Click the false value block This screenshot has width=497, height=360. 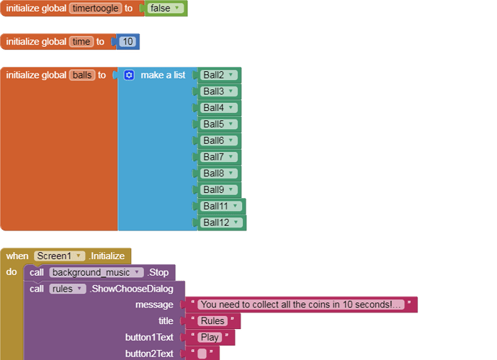coord(165,9)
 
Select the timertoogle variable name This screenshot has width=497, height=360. coord(95,9)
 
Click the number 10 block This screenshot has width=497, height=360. coord(127,42)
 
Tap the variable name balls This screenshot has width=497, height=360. coord(82,75)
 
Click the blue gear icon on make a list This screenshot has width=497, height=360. coord(129,75)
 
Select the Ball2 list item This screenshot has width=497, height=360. coord(219,75)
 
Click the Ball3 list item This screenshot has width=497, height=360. coord(219,91)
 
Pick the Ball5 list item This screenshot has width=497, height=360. coord(219,125)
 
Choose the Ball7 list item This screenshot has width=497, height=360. coord(219,157)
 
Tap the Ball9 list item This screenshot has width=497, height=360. coord(219,190)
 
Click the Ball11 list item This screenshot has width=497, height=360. coord(221,207)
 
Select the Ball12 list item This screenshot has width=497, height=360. coord(221,223)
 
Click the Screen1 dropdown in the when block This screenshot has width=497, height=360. coord(59,256)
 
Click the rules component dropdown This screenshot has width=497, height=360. coord(67,289)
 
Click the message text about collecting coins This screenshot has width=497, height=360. coord(301,305)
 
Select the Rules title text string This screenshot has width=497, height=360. coord(212,321)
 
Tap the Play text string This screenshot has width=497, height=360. coord(210,338)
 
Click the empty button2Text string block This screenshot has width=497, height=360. coord(202,354)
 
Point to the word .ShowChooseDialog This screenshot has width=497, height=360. coord(131,289)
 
